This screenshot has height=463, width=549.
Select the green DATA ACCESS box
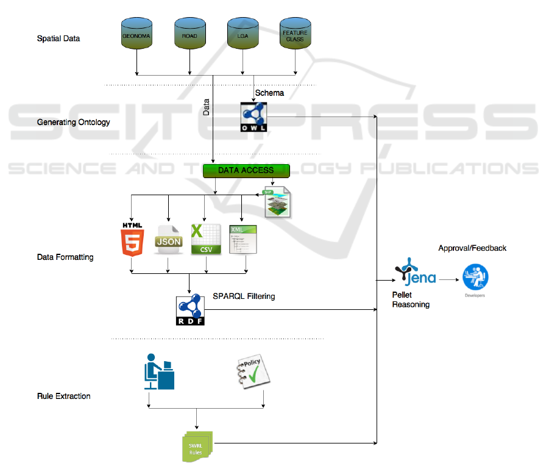[246, 170]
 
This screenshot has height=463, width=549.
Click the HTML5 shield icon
[132, 239]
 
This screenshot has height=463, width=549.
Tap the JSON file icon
[168, 240]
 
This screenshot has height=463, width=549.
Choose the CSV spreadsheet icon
[206, 239]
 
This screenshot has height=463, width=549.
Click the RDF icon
[190, 310]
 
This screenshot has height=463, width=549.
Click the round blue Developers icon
[475, 278]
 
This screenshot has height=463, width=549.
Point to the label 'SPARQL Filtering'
[244, 296]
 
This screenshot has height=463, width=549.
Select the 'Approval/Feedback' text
[472, 248]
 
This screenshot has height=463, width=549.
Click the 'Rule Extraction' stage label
[63, 397]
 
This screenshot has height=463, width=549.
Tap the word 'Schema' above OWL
[269, 93]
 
